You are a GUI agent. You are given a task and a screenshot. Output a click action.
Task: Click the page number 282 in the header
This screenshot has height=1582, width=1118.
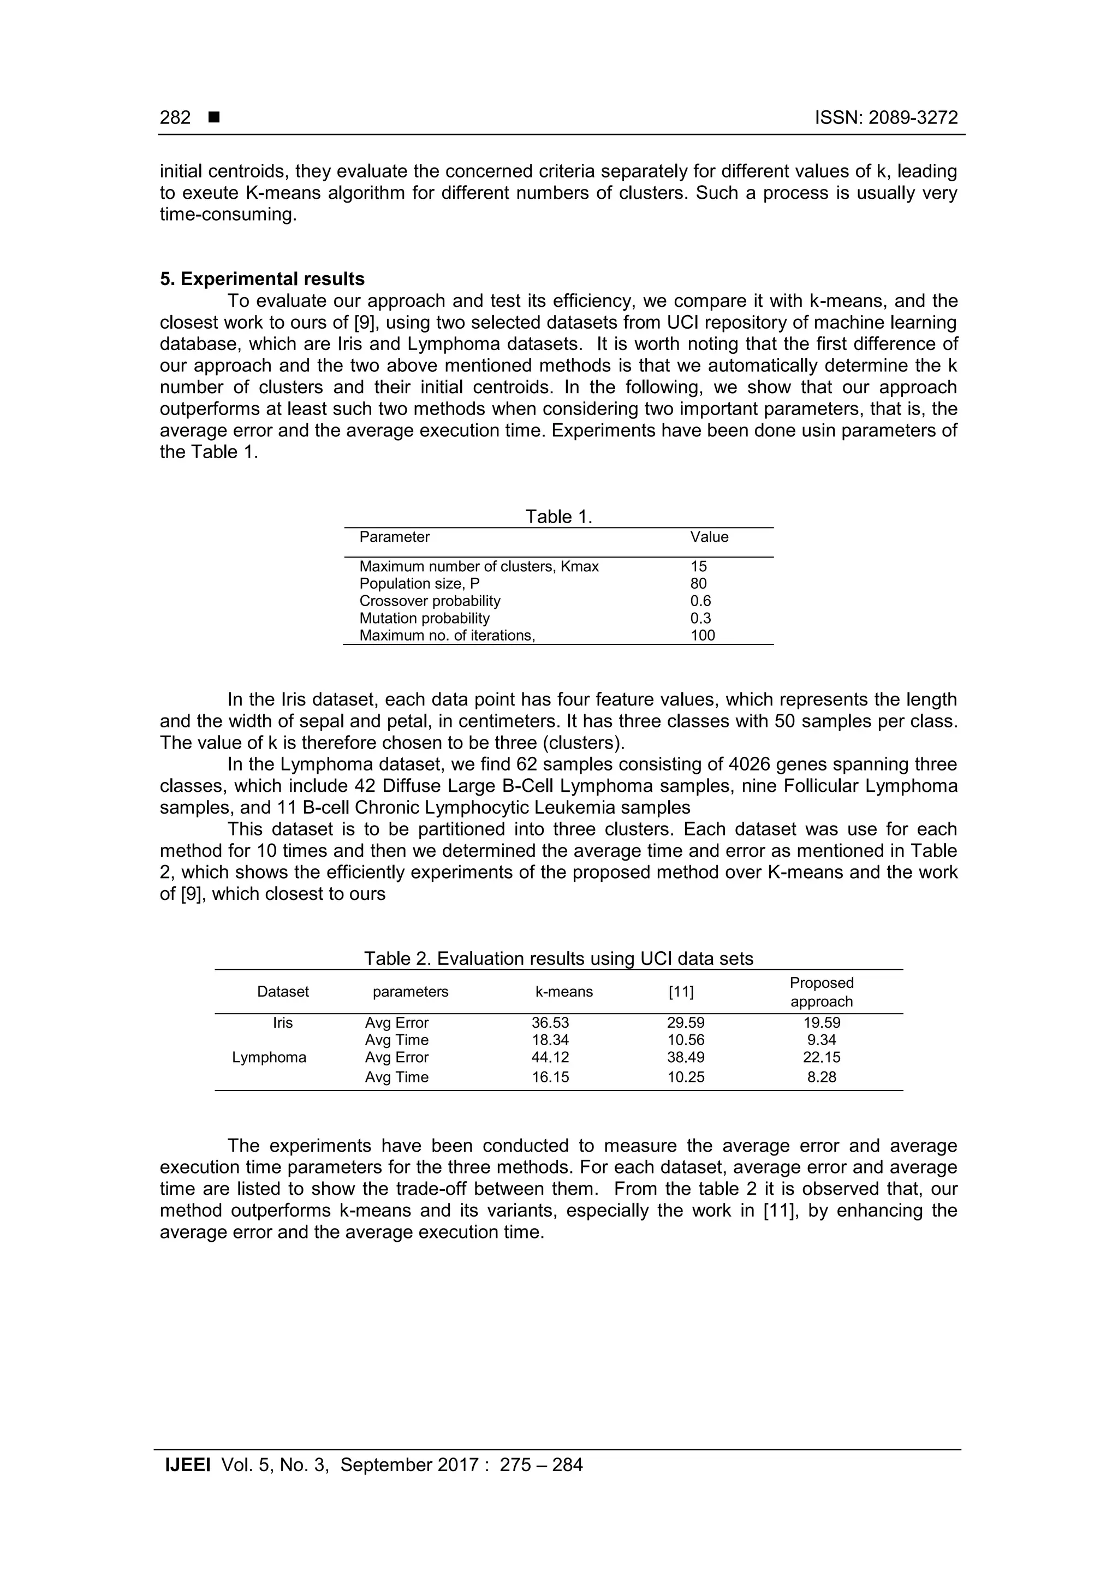[175, 118]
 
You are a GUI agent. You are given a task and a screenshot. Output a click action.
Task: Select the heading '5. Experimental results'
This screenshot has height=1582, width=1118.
[263, 279]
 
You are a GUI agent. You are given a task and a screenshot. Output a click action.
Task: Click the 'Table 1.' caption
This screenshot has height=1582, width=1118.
[558, 517]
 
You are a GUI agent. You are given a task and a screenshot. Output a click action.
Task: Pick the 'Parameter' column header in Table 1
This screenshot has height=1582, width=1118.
[394, 537]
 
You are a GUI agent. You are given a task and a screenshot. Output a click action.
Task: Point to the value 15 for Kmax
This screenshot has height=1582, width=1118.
[699, 566]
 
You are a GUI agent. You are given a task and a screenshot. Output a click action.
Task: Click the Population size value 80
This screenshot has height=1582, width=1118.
[699, 584]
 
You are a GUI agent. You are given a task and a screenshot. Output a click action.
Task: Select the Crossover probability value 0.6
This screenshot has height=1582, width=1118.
[700, 601]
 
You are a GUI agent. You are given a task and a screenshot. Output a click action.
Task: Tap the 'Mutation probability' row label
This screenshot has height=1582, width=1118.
[424, 618]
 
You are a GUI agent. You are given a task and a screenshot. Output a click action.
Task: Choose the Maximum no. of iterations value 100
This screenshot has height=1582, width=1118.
[703, 635]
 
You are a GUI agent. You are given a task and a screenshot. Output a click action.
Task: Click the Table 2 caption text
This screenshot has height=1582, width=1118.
[558, 958]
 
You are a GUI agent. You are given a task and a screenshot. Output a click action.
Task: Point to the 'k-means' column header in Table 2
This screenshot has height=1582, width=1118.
[564, 992]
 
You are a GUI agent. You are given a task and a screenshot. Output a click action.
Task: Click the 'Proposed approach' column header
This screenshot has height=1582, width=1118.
[821, 992]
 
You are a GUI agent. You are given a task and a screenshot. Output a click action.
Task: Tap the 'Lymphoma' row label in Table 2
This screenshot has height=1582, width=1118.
[269, 1057]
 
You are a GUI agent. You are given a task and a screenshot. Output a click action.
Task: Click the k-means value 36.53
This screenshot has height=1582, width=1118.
[550, 1022]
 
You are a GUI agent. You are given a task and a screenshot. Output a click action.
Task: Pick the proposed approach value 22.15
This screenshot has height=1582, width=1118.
[821, 1057]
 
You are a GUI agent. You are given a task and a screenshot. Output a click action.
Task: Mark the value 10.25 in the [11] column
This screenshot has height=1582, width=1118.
[686, 1077]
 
